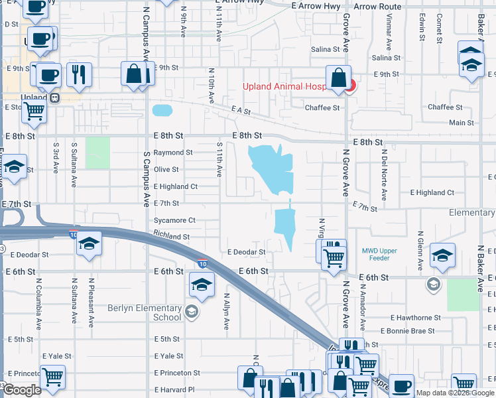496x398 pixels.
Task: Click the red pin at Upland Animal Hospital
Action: point(351,86)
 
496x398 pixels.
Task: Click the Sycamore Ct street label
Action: point(174,220)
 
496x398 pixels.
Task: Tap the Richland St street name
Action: point(171,235)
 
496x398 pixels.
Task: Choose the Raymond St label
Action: point(172,153)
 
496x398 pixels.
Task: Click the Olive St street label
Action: point(166,170)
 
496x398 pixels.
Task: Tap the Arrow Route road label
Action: point(377,7)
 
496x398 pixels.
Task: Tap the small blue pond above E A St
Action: point(161,109)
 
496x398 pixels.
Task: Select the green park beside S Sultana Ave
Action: point(97,152)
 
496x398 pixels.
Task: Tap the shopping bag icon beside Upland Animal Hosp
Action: point(338,78)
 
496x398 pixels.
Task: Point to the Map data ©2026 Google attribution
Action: point(455,393)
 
